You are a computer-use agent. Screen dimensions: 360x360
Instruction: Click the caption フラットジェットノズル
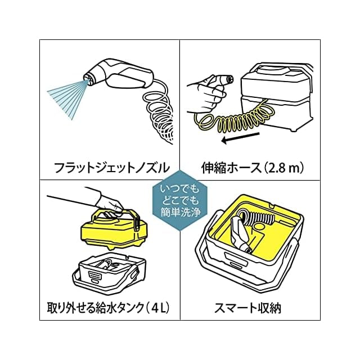click(110, 167)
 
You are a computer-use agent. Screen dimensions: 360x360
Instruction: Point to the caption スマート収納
click(251, 308)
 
